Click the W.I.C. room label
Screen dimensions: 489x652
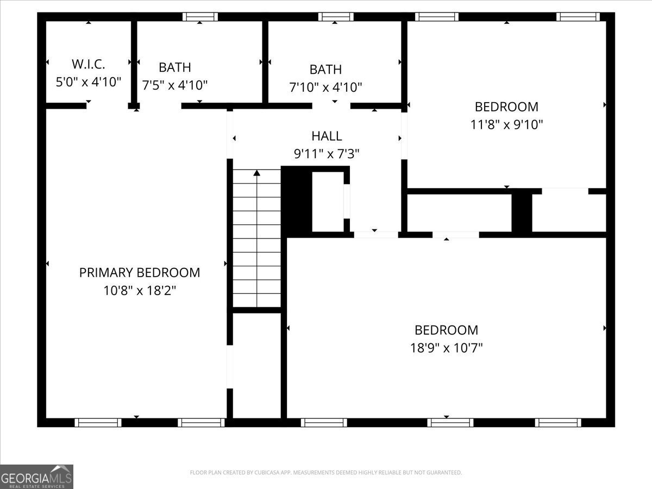(88, 64)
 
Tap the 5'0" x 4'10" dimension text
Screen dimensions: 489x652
(88, 83)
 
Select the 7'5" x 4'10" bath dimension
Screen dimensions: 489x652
(175, 85)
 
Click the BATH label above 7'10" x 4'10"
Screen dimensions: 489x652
(325, 70)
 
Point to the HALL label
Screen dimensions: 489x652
(327, 136)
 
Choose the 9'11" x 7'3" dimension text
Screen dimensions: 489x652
(327, 154)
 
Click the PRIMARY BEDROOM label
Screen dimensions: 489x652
(140, 273)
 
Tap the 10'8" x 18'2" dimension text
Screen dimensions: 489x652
(140, 291)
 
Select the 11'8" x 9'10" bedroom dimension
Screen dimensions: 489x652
(506, 124)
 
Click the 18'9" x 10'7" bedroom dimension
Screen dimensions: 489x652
(446, 348)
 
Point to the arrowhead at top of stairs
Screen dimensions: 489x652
(256, 173)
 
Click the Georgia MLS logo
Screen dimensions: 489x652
(36, 477)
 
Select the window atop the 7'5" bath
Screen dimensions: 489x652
(200, 17)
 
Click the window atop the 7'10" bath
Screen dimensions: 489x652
(335, 17)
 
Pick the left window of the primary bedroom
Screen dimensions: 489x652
(98, 423)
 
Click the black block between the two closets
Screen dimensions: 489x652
(522, 212)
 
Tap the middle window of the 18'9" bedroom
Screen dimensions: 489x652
(450, 423)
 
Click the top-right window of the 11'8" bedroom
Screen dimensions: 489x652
(578, 17)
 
